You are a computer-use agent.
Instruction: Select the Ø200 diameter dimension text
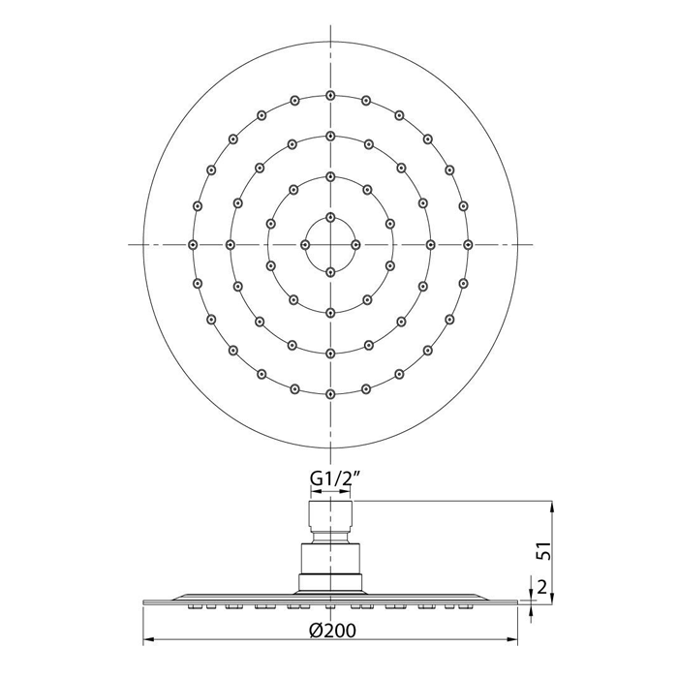coord(332,631)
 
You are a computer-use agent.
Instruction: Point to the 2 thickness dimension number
coord(542,587)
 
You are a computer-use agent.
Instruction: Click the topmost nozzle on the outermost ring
coord(331,96)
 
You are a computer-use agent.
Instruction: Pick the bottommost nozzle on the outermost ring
coord(331,394)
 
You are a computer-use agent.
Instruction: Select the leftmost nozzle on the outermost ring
coord(194,245)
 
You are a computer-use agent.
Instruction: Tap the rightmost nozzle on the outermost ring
coord(468,245)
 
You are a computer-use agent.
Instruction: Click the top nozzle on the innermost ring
coord(331,217)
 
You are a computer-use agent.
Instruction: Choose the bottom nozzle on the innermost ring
coord(331,272)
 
